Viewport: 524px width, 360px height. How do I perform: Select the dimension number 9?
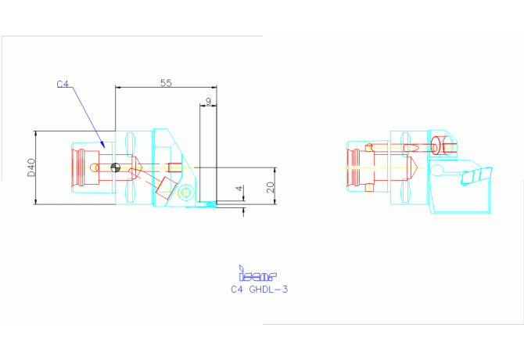tap(207, 102)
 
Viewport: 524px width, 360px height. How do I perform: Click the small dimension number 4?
tap(239, 190)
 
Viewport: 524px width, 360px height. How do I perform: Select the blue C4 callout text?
tap(63, 83)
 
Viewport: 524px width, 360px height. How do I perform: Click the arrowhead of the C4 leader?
tap(103, 146)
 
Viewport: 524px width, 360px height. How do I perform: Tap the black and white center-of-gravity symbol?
tap(116, 166)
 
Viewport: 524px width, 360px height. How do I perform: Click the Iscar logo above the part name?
tap(257, 273)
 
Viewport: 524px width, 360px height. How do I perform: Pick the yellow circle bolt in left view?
tap(186, 193)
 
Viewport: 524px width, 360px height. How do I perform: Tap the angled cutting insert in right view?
tap(478, 176)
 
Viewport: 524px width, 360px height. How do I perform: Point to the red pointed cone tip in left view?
tap(138, 166)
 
